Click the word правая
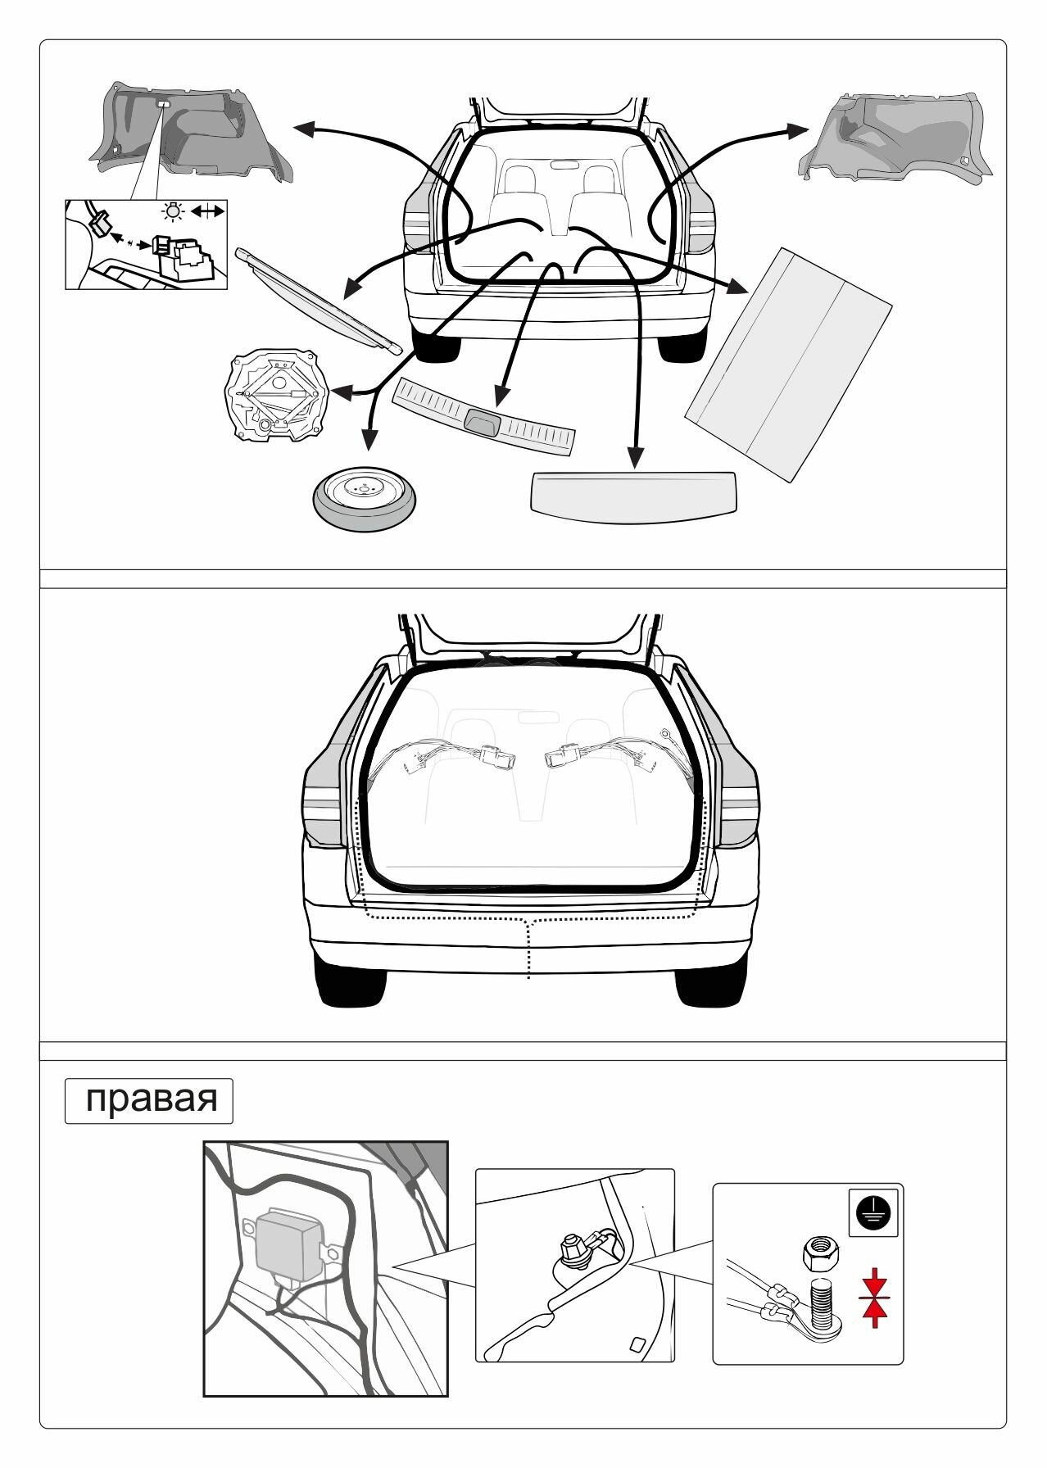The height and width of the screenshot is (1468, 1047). click(x=150, y=1099)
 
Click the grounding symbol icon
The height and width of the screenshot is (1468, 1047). click(x=873, y=1212)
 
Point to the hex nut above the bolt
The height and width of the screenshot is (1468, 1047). click(x=820, y=1250)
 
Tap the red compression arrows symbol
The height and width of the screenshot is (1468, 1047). click(x=875, y=1297)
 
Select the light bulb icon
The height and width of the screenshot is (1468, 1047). click(x=173, y=212)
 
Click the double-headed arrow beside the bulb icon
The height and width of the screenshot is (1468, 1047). click(x=207, y=212)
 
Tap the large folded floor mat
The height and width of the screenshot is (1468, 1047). click(x=787, y=365)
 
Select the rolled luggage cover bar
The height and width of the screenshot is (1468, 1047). click(x=319, y=301)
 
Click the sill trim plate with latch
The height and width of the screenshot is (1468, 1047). click(x=484, y=415)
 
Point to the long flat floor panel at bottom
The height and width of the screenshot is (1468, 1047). click(x=633, y=495)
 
